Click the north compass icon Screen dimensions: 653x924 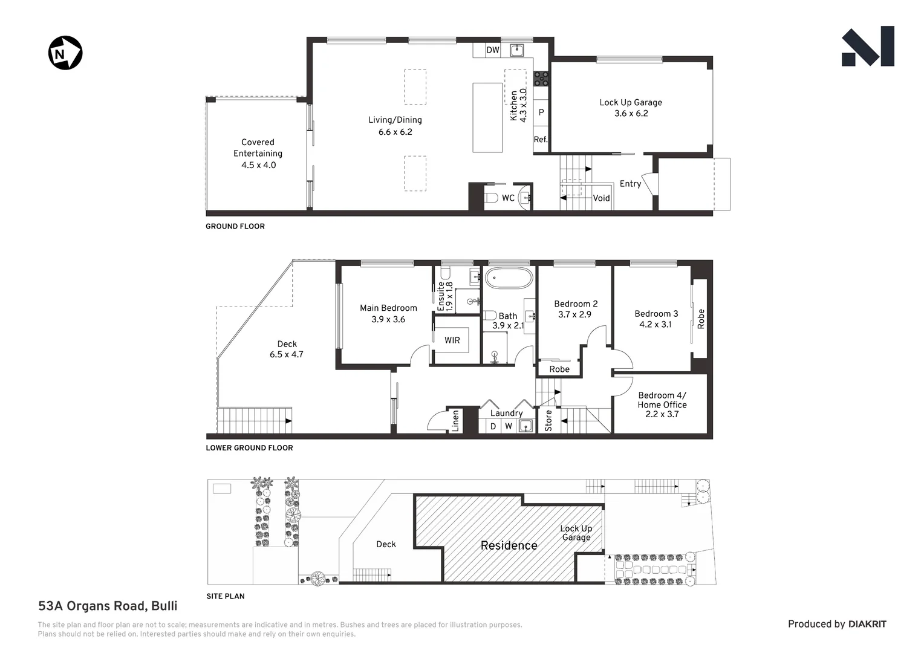click(65, 53)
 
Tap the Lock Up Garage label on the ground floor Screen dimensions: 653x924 click(630, 103)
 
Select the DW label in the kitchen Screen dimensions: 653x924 click(493, 50)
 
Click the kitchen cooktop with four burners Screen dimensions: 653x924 click(541, 77)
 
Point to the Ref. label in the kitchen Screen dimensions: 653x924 click(540, 140)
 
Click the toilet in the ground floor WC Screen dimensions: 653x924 click(491, 198)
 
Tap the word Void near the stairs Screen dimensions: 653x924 click(601, 198)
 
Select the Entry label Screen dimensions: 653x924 click(630, 184)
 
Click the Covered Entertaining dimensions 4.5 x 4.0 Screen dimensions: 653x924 click(258, 165)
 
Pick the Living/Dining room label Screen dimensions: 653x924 click(395, 120)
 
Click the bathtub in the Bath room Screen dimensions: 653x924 click(509, 280)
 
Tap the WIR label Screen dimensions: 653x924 click(452, 340)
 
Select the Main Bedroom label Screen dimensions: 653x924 click(388, 308)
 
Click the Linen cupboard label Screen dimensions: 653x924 click(455, 421)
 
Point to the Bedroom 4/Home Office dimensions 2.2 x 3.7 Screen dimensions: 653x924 click(662, 414)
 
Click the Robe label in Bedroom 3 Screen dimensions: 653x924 click(701, 319)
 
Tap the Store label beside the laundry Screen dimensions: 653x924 click(548, 421)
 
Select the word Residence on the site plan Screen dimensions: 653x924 click(509, 545)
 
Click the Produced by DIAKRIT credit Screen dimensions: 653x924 click(836, 624)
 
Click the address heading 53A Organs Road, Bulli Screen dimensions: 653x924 click(108, 606)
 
